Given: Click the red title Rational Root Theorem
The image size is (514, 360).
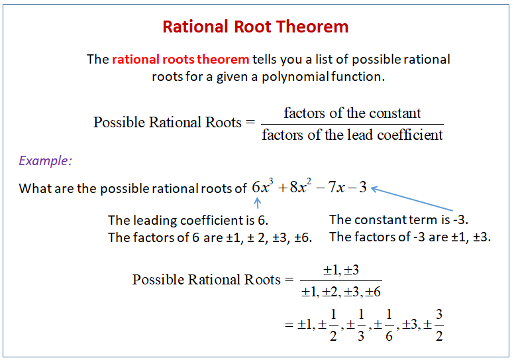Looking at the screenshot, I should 256,27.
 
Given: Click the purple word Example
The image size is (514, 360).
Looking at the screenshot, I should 45,160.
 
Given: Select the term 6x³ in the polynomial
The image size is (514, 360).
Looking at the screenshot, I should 263,187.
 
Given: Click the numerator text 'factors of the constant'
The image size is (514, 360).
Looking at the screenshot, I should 352,113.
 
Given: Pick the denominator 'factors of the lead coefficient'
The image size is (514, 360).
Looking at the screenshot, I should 352,135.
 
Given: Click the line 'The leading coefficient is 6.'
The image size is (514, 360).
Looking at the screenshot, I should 187,220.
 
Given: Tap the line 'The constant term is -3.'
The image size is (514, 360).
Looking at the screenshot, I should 399,219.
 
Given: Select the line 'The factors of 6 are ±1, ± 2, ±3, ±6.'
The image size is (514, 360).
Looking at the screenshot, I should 210,237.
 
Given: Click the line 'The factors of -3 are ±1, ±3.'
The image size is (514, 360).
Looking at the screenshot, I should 410,237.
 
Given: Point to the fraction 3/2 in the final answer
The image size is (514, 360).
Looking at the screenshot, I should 438,325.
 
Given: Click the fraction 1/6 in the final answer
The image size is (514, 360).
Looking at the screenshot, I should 389,325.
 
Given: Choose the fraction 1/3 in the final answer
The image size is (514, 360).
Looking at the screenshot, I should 361,325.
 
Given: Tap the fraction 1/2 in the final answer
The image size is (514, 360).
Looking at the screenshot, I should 333,325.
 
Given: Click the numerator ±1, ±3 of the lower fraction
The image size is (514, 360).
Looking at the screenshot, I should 340,270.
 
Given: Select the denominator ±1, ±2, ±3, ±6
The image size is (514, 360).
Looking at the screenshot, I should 341,291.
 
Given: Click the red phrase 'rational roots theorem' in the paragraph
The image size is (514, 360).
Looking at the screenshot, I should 180,59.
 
